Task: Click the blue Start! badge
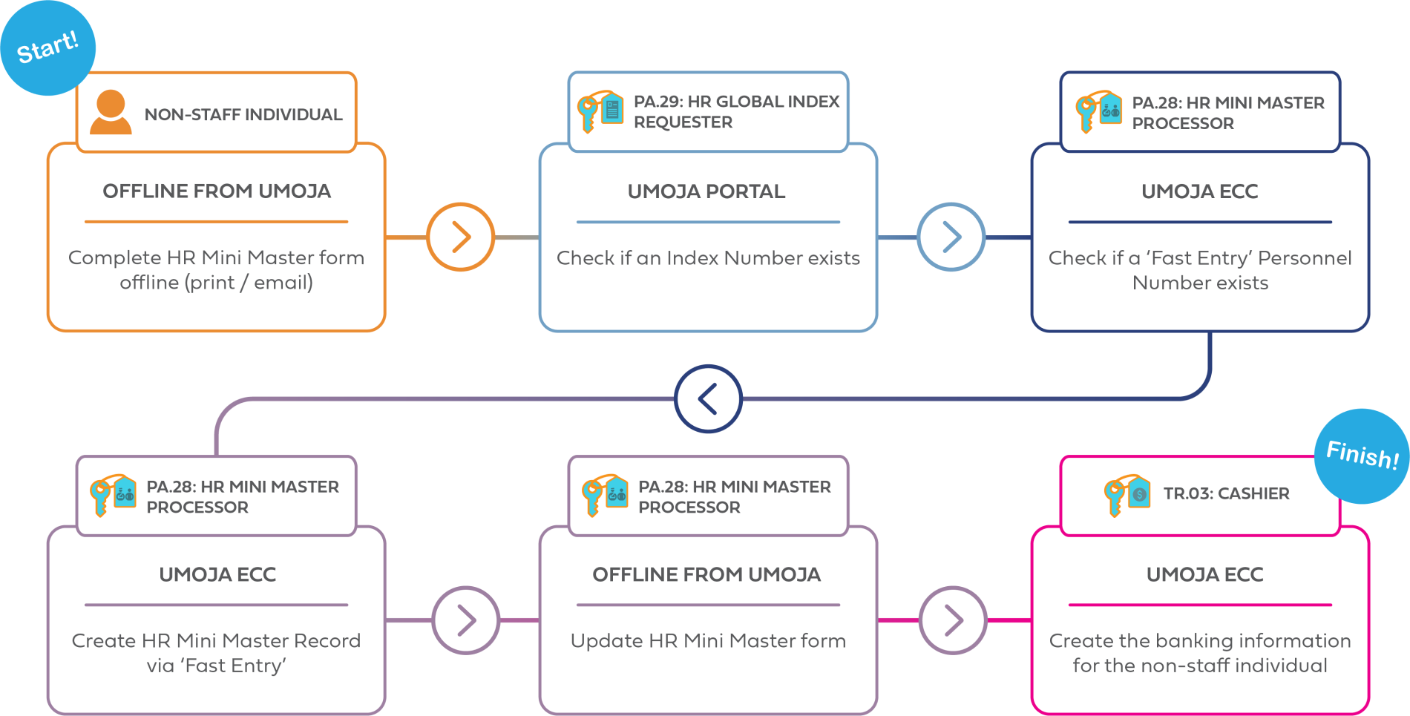coord(47,48)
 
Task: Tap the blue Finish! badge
coord(1362,455)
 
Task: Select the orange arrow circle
coord(460,237)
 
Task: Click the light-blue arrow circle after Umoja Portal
coord(951,237)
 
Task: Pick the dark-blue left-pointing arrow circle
coord(708,398)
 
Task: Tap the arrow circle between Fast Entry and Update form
coord(466,620)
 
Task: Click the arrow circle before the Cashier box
coord(954,620)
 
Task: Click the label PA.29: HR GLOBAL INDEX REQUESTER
coord(735,111)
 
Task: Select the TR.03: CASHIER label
coord(1226,493)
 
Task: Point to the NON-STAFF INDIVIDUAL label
coord(243,114)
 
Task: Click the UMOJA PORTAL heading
coord(706,191)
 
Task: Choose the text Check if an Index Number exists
coord(708,258)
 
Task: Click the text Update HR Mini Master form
coord(708,641)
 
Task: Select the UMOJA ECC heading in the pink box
coord(1204,574)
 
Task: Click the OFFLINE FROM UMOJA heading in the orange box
coord(216,191)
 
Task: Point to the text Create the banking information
coord(1199,641)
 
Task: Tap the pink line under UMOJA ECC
coord(1199,605)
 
